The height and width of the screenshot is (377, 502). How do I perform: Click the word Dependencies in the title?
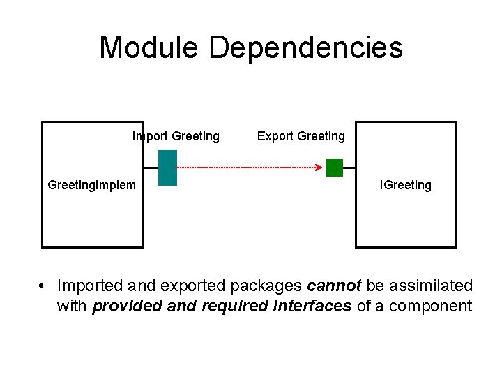pos(305,48)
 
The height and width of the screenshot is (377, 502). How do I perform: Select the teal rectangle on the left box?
pos(168,168)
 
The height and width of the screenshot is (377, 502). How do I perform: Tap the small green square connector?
pos(335,168)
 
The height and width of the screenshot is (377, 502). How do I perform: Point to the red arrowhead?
pos(318,168)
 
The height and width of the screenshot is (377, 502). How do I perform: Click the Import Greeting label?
pos(176,136)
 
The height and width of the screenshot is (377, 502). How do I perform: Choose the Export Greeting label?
pos(301,136)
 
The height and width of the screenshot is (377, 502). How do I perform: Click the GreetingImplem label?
pos(91,185)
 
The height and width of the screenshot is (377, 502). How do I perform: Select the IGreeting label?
pos(405,185)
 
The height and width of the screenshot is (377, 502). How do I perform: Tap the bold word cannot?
pos(333,286)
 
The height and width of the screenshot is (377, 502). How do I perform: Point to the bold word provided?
pos(123,306)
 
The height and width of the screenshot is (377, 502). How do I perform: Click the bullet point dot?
pos(43,286)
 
